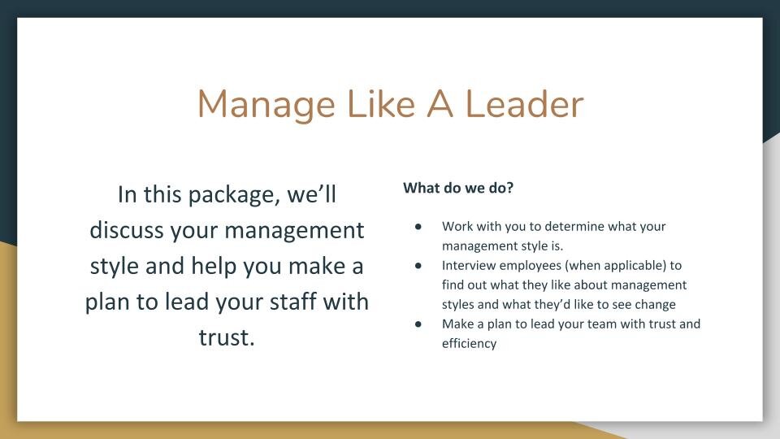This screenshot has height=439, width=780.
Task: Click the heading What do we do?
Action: (x=458, y=188)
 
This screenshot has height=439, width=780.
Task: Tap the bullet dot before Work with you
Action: (x=418, y=226)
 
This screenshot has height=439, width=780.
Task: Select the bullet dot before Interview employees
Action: (x=418, y=265)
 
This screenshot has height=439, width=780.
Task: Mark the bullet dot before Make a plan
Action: (x=418, y=324)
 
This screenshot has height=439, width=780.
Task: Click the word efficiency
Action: (x=469, y=343)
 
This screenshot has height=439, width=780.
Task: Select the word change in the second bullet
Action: (x=655, y=304)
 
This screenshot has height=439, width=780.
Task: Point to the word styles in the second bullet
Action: (x=460, y=304)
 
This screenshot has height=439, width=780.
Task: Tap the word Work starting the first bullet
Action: (x=457, y=226)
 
